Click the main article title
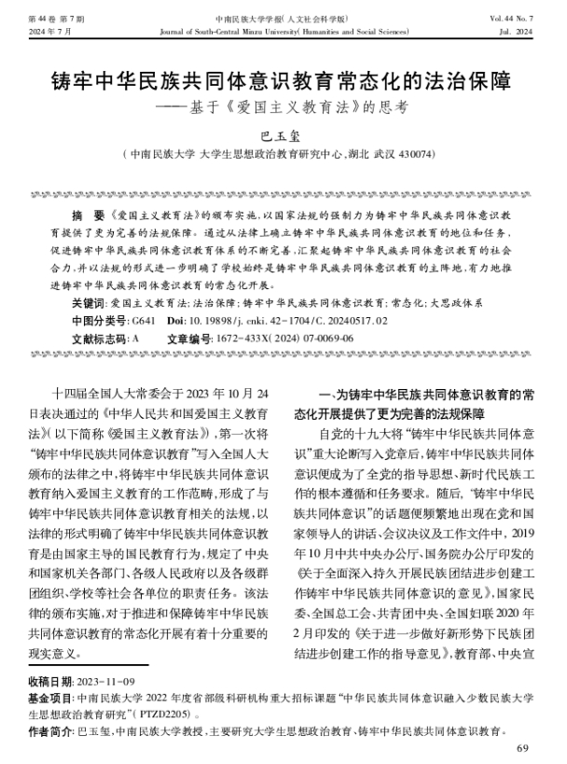[x=283, y=80]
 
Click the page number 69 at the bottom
[x=521, y=747]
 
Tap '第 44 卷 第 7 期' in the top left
[x=54, y=19]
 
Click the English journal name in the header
[x=284, y=32]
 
